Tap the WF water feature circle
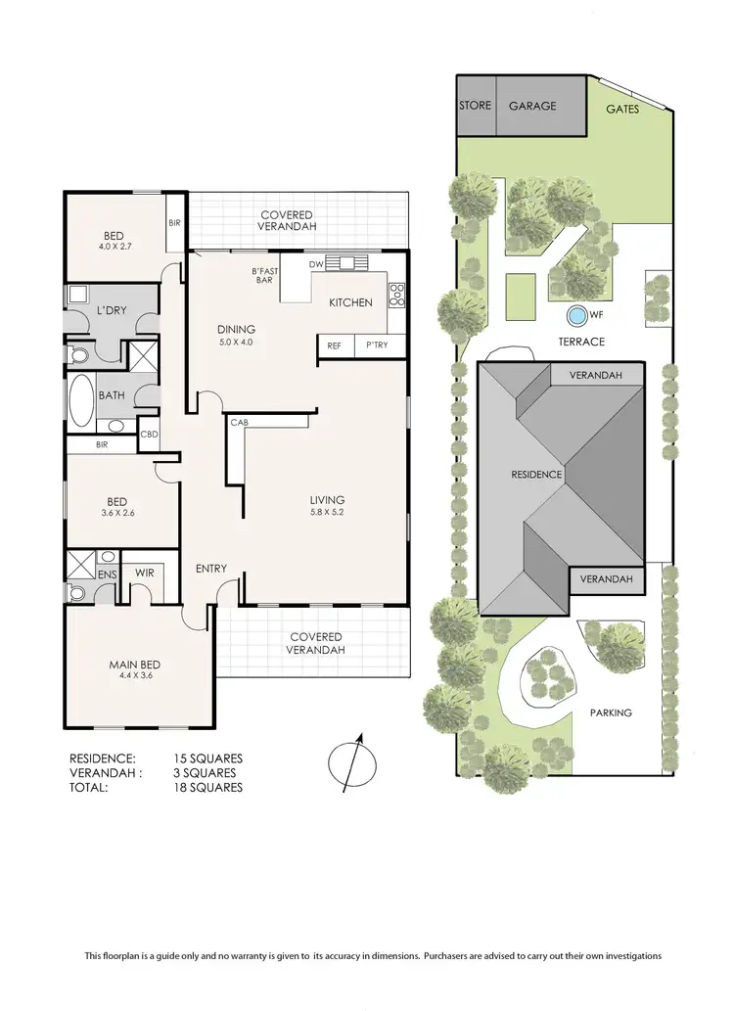pyautogui.click(x=576, y=316)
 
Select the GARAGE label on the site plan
pyautogui.click(x=531, y=106)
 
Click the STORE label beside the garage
pyautogui.click(x=476, y=106)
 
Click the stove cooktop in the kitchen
pyautogui.click(x=397, y=292)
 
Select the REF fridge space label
pyautogui.click(x=334, y=345)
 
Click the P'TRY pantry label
pyautogui.click(x=376, y=345)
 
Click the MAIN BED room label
pyautogui.click(x=134, y=666)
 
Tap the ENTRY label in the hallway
pyautogui.click(x=211, y=569)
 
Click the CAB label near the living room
pyautogui.click(x=238, y=423)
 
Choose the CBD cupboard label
pyautogui.click(x=150, y=435)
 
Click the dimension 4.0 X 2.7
pyautogui.click(x=115, y=247)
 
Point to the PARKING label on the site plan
pyautogui.click(x=611, y=712)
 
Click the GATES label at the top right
pyautogui.click(x=622, y=110)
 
